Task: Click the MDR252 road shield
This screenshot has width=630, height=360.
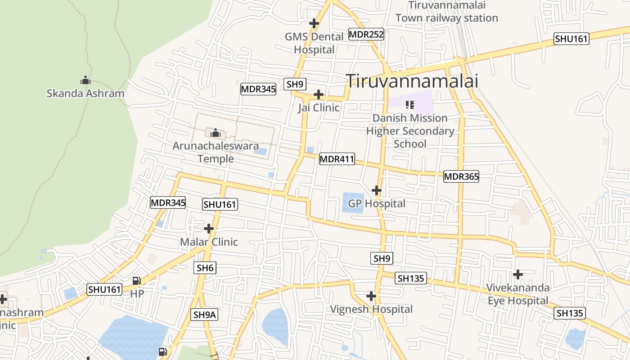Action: coord(366,34)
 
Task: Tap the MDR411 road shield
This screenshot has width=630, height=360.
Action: coord(337,159)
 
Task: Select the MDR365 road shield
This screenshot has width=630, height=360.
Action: coord(461,176)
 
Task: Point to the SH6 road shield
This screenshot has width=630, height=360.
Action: coord(205,268)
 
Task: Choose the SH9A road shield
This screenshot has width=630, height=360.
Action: coord(205,315)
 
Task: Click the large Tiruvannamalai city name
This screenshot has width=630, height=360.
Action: coord(412,81)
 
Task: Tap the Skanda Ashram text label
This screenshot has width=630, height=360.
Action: coord(85,94)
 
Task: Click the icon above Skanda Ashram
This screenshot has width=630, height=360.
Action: coord(85,81)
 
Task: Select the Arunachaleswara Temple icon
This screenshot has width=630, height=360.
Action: coord(215,133)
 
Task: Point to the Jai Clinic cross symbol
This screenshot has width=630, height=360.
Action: coord(319,94)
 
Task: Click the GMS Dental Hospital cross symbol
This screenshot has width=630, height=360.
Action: coord(314,23)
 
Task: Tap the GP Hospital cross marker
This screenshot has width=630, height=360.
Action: coord(377,190)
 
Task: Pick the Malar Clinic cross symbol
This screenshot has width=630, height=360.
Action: coord(209,229)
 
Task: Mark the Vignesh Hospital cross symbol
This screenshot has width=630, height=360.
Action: coord(371,296)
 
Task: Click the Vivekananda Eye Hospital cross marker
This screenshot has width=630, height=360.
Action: coord(518,274)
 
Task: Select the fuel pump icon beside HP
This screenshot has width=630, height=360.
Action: coord(136,281)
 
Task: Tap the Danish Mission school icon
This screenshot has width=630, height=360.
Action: coord(409,105)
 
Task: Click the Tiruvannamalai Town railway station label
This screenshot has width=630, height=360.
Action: coord(447,12)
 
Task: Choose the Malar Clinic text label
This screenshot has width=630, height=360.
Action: coord(209,242)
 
